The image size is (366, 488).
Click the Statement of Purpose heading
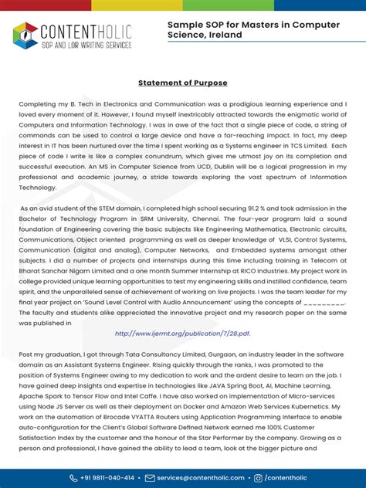tap(183, 83)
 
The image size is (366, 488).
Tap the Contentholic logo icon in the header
tap(25, 36)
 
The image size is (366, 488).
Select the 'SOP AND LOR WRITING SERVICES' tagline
tap(85, 46)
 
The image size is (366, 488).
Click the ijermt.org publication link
tap(182, 334)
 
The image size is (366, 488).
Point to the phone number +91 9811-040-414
tap(107, 478)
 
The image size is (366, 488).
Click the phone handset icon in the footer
tap(73, 478)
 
